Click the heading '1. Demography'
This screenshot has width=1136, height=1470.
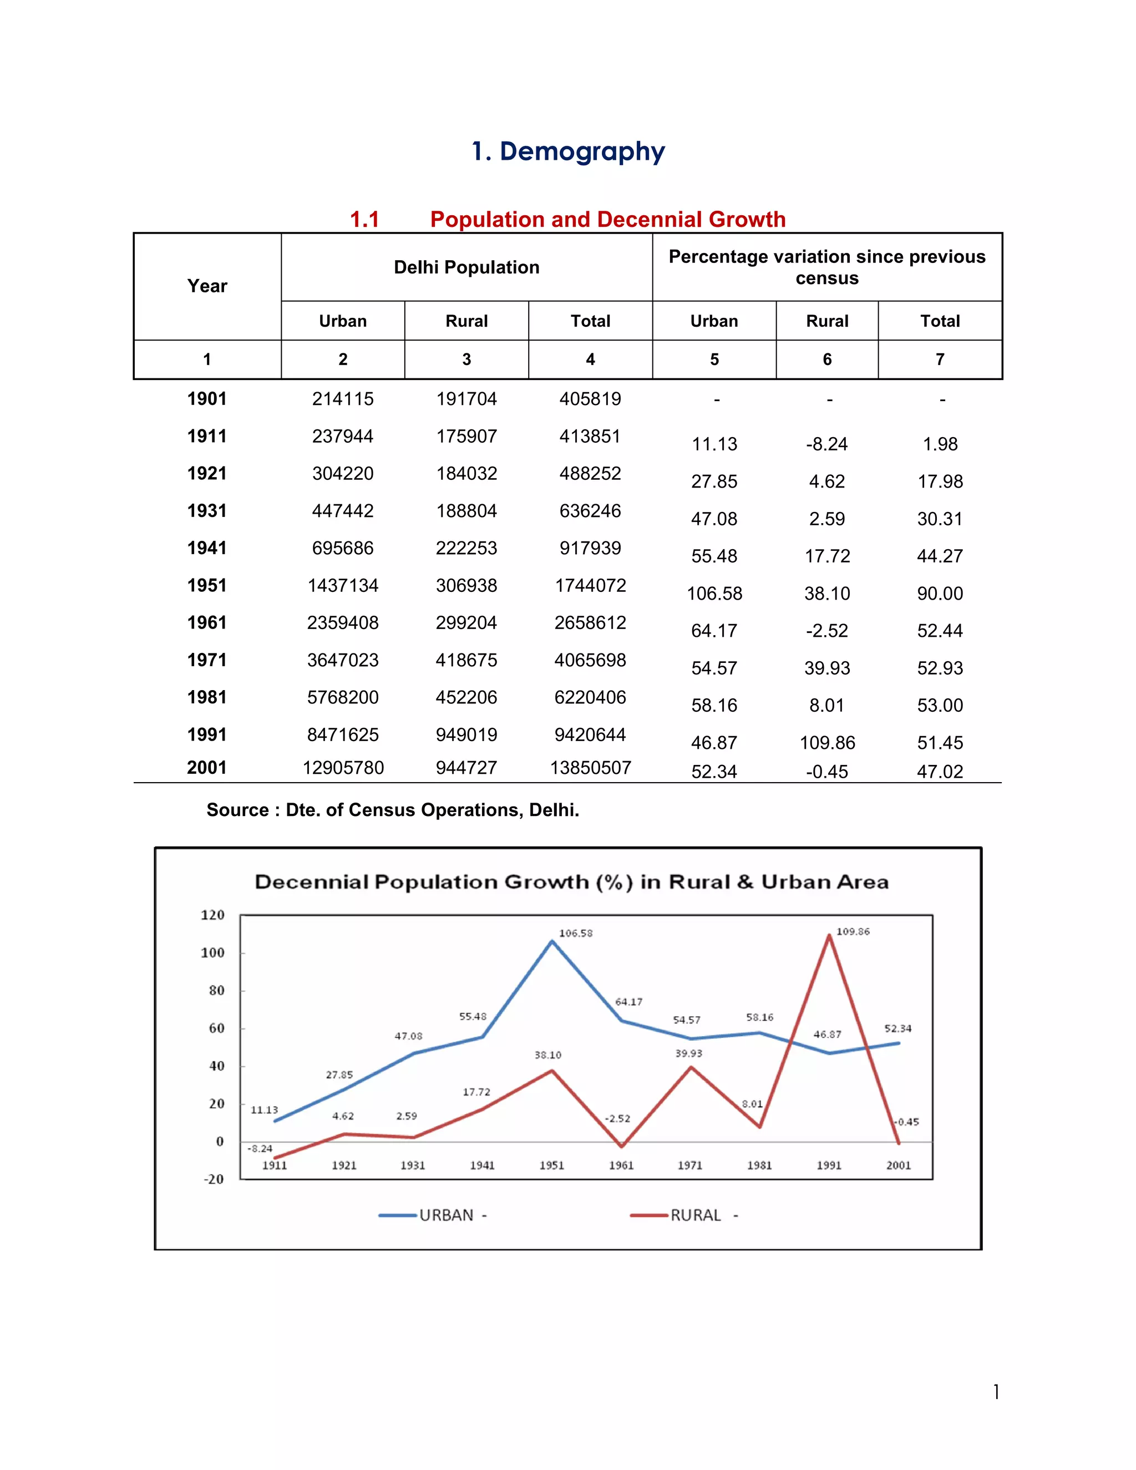pyautogui.click(x=568, y=151)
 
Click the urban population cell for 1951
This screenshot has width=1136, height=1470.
pyautogui.click(x=343, y=586)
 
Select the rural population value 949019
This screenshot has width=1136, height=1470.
pyautogui.click(x=466, y=734)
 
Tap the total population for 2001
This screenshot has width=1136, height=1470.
pyautogui.click(x=590, y=767)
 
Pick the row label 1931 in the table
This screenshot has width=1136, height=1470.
pyautogui.click(x=206, y=511)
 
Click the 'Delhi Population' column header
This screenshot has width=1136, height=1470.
pyautogui.click(x=466, y=267)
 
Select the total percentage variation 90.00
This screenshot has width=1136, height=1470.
pyautogui.click(x=940, y=594)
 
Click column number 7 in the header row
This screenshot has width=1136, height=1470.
pyautogui.click(x=940, y=359)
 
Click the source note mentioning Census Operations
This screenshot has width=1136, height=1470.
pyautogui.click(x=392, y=810)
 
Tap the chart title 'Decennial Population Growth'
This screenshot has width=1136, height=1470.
pyautogui.click(x=571, y=882)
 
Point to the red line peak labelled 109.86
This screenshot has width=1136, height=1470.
pyautogui.click(x=829, y=935)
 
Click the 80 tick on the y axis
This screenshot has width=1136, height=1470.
pyautogui.click(x=216, y=990)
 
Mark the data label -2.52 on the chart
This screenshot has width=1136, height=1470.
pyautogui.click(x=617, y=1119)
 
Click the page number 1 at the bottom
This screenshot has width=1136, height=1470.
pyautogui.click(x=996, y=1391)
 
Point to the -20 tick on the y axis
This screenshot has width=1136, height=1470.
pyautogui.click(x=214, y=1179)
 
